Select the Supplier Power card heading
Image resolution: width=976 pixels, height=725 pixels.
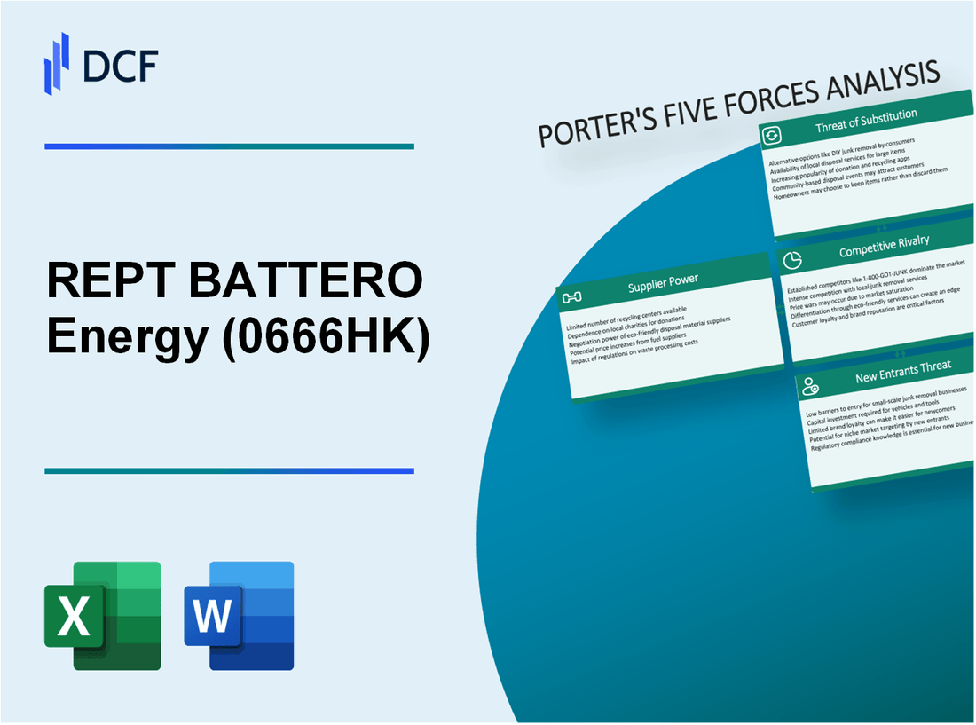pos(662,283)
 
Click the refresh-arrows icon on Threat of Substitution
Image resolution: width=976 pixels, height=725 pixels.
pos(772,135)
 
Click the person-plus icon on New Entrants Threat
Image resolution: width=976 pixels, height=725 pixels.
pos(810,386)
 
